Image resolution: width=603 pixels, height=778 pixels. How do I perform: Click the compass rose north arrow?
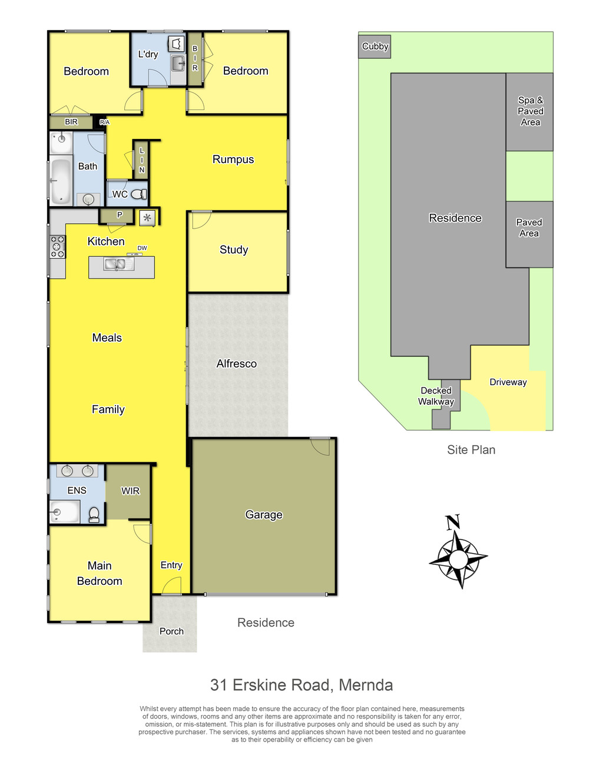click(x=458, y=552)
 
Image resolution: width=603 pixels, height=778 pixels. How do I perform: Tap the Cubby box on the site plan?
click(x=375, y=47)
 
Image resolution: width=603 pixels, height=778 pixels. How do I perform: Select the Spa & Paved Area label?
click(x=530, y=111)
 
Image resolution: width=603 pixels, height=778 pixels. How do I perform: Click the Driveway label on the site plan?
click(x=508, y=382)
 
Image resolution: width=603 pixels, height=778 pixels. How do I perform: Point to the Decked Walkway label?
click(x=436, y=396)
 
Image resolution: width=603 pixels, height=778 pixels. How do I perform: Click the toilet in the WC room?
click(x=139, y=194)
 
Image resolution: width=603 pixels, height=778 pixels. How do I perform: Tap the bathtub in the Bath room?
click(x=61, y=181)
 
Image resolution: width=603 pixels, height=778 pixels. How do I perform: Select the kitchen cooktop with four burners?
click(x=57, y=247)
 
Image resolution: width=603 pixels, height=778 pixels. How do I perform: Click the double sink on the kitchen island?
click(x=119, y=264)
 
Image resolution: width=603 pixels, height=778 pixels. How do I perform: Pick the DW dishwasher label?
click(x=142, y=248)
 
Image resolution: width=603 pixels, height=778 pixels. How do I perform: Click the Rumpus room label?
click(x=233, y=159)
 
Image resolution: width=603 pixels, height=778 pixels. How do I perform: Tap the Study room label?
click(x=234, y=249)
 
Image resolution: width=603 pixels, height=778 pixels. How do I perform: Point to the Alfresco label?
click(x=236, y=363)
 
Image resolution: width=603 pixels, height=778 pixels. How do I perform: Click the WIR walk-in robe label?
click(x=130, y=491)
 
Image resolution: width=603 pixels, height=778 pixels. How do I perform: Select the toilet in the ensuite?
click(x=94, y=515)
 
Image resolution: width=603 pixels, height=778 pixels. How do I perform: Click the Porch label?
click(x=171, y=631)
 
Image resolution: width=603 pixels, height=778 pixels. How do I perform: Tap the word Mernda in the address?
click(x=365, y=684)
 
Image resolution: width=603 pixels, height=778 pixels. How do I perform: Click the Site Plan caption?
click(x=471, y=450)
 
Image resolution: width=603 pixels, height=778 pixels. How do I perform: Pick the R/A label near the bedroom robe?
click(x=104, y=122)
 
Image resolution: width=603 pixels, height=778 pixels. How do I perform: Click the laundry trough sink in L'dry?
click(x=178, y=64)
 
